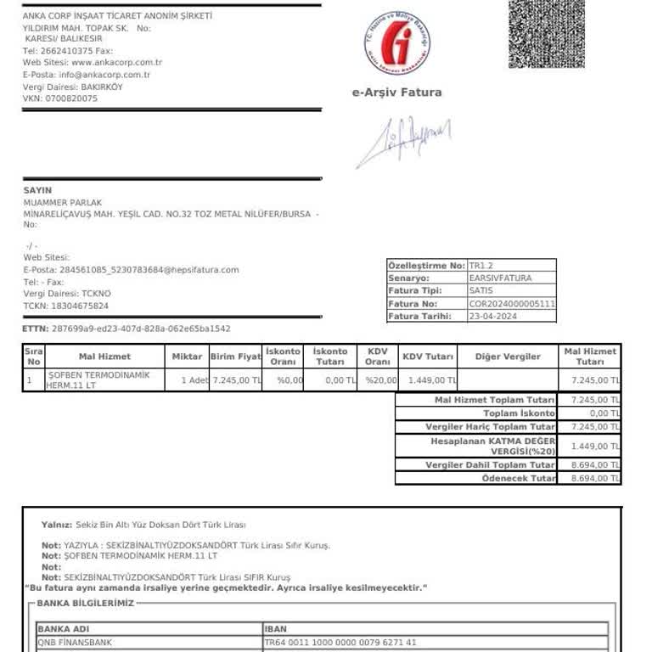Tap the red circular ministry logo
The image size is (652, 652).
coord(397,43)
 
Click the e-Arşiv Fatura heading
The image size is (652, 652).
coord(396,93)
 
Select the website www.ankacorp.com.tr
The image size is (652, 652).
coord(117,63)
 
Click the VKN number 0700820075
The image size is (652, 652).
coord(71,98)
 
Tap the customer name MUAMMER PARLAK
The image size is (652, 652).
coord(63,203)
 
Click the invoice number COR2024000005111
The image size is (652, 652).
coord(512,303)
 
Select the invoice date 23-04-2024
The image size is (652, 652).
coord(492,317)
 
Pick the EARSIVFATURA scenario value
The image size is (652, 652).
coord(500,278)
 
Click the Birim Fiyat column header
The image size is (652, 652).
coord(235,357)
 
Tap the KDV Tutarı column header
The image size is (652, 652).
coord(428,357)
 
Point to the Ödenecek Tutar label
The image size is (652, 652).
coord(519,479)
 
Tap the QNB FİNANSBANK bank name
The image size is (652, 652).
coord(74,643)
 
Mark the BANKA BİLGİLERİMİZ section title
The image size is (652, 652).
coord(86,604)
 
